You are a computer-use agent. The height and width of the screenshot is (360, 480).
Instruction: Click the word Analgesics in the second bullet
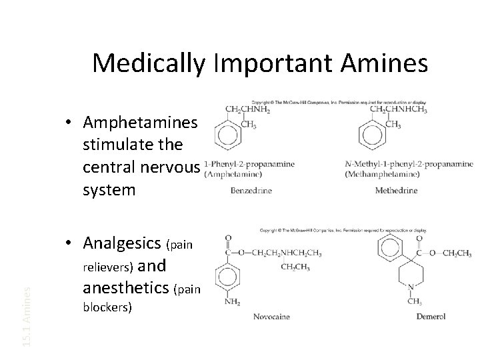pos(124,245)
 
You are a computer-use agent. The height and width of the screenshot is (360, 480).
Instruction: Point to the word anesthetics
pos(126,289)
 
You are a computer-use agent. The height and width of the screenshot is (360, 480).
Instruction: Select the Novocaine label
pos(271,316)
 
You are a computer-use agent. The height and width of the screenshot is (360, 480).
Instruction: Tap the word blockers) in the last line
pos(107,309)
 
